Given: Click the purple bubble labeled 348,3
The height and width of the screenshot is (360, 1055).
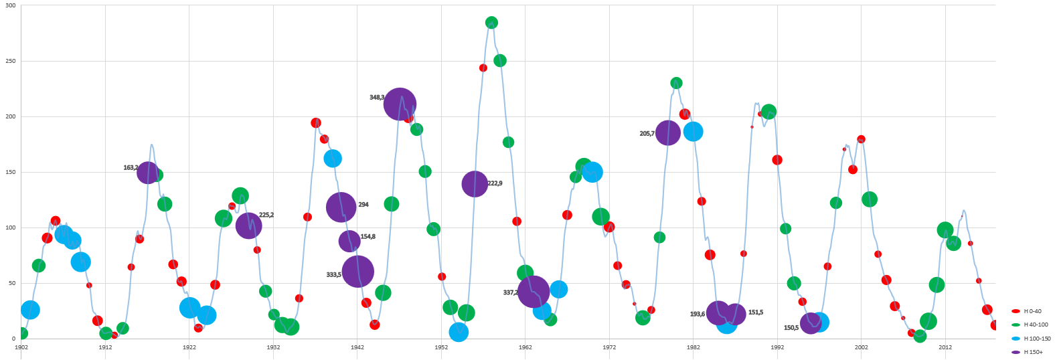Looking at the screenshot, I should (400, 104).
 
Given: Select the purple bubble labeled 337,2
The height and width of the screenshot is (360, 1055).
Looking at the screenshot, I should (534, 292).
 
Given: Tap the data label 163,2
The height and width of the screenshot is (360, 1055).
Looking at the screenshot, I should (131, 168).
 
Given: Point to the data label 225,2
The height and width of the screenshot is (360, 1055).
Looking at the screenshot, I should (266, 215).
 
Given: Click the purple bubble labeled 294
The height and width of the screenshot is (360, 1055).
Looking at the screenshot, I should (341, 207).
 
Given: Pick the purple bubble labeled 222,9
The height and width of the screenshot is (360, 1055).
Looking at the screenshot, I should (474, 183).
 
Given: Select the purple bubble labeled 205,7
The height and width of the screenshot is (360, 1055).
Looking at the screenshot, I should (667, 133).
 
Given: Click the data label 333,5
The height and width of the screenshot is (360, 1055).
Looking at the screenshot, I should (333, 275).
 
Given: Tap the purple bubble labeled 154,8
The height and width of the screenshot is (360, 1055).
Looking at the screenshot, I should (349, 241).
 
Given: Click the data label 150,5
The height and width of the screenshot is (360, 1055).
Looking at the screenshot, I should (791, 328).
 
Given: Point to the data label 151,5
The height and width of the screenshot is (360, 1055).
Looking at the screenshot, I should (756, 312).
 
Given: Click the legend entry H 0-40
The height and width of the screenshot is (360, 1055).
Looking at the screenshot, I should (1031, 311).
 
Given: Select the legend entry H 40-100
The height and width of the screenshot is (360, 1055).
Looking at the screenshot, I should (1034, 325).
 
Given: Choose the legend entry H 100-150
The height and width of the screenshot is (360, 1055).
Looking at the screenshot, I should (1036, 339).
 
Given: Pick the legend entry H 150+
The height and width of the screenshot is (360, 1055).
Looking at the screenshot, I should (1033, 352).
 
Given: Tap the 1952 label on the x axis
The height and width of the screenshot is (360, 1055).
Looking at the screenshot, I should (441, 347).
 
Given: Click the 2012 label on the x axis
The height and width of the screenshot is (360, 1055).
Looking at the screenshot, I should (945, 347).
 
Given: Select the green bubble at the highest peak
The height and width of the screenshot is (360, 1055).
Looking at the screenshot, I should (491, 23).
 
